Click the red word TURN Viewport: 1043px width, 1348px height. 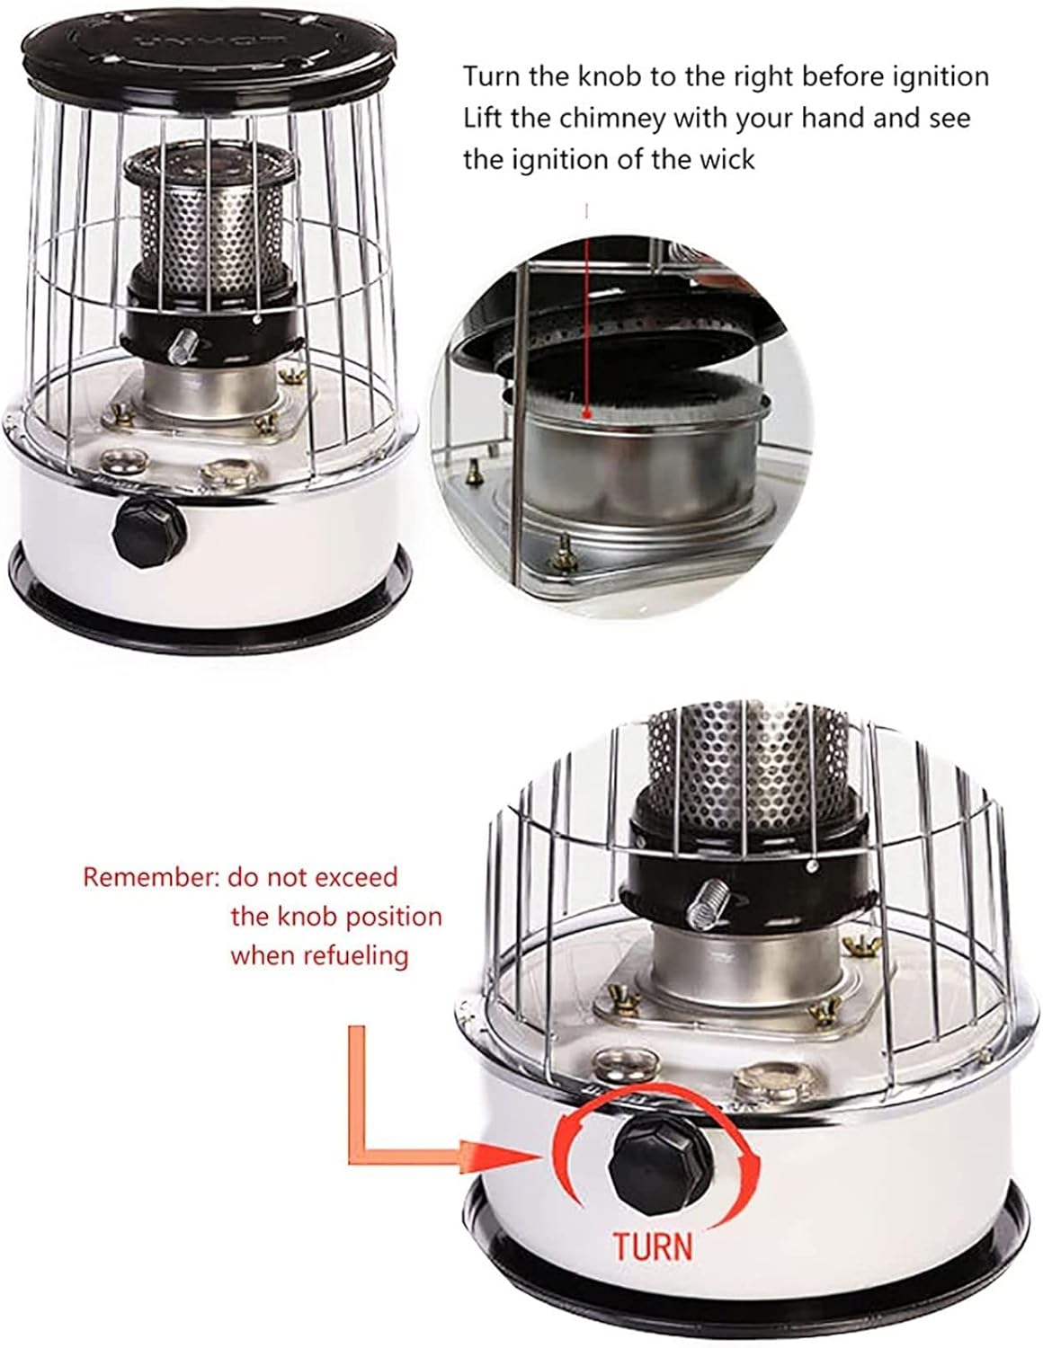[654, 1246]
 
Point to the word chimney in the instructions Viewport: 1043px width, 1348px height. [599, 118]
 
